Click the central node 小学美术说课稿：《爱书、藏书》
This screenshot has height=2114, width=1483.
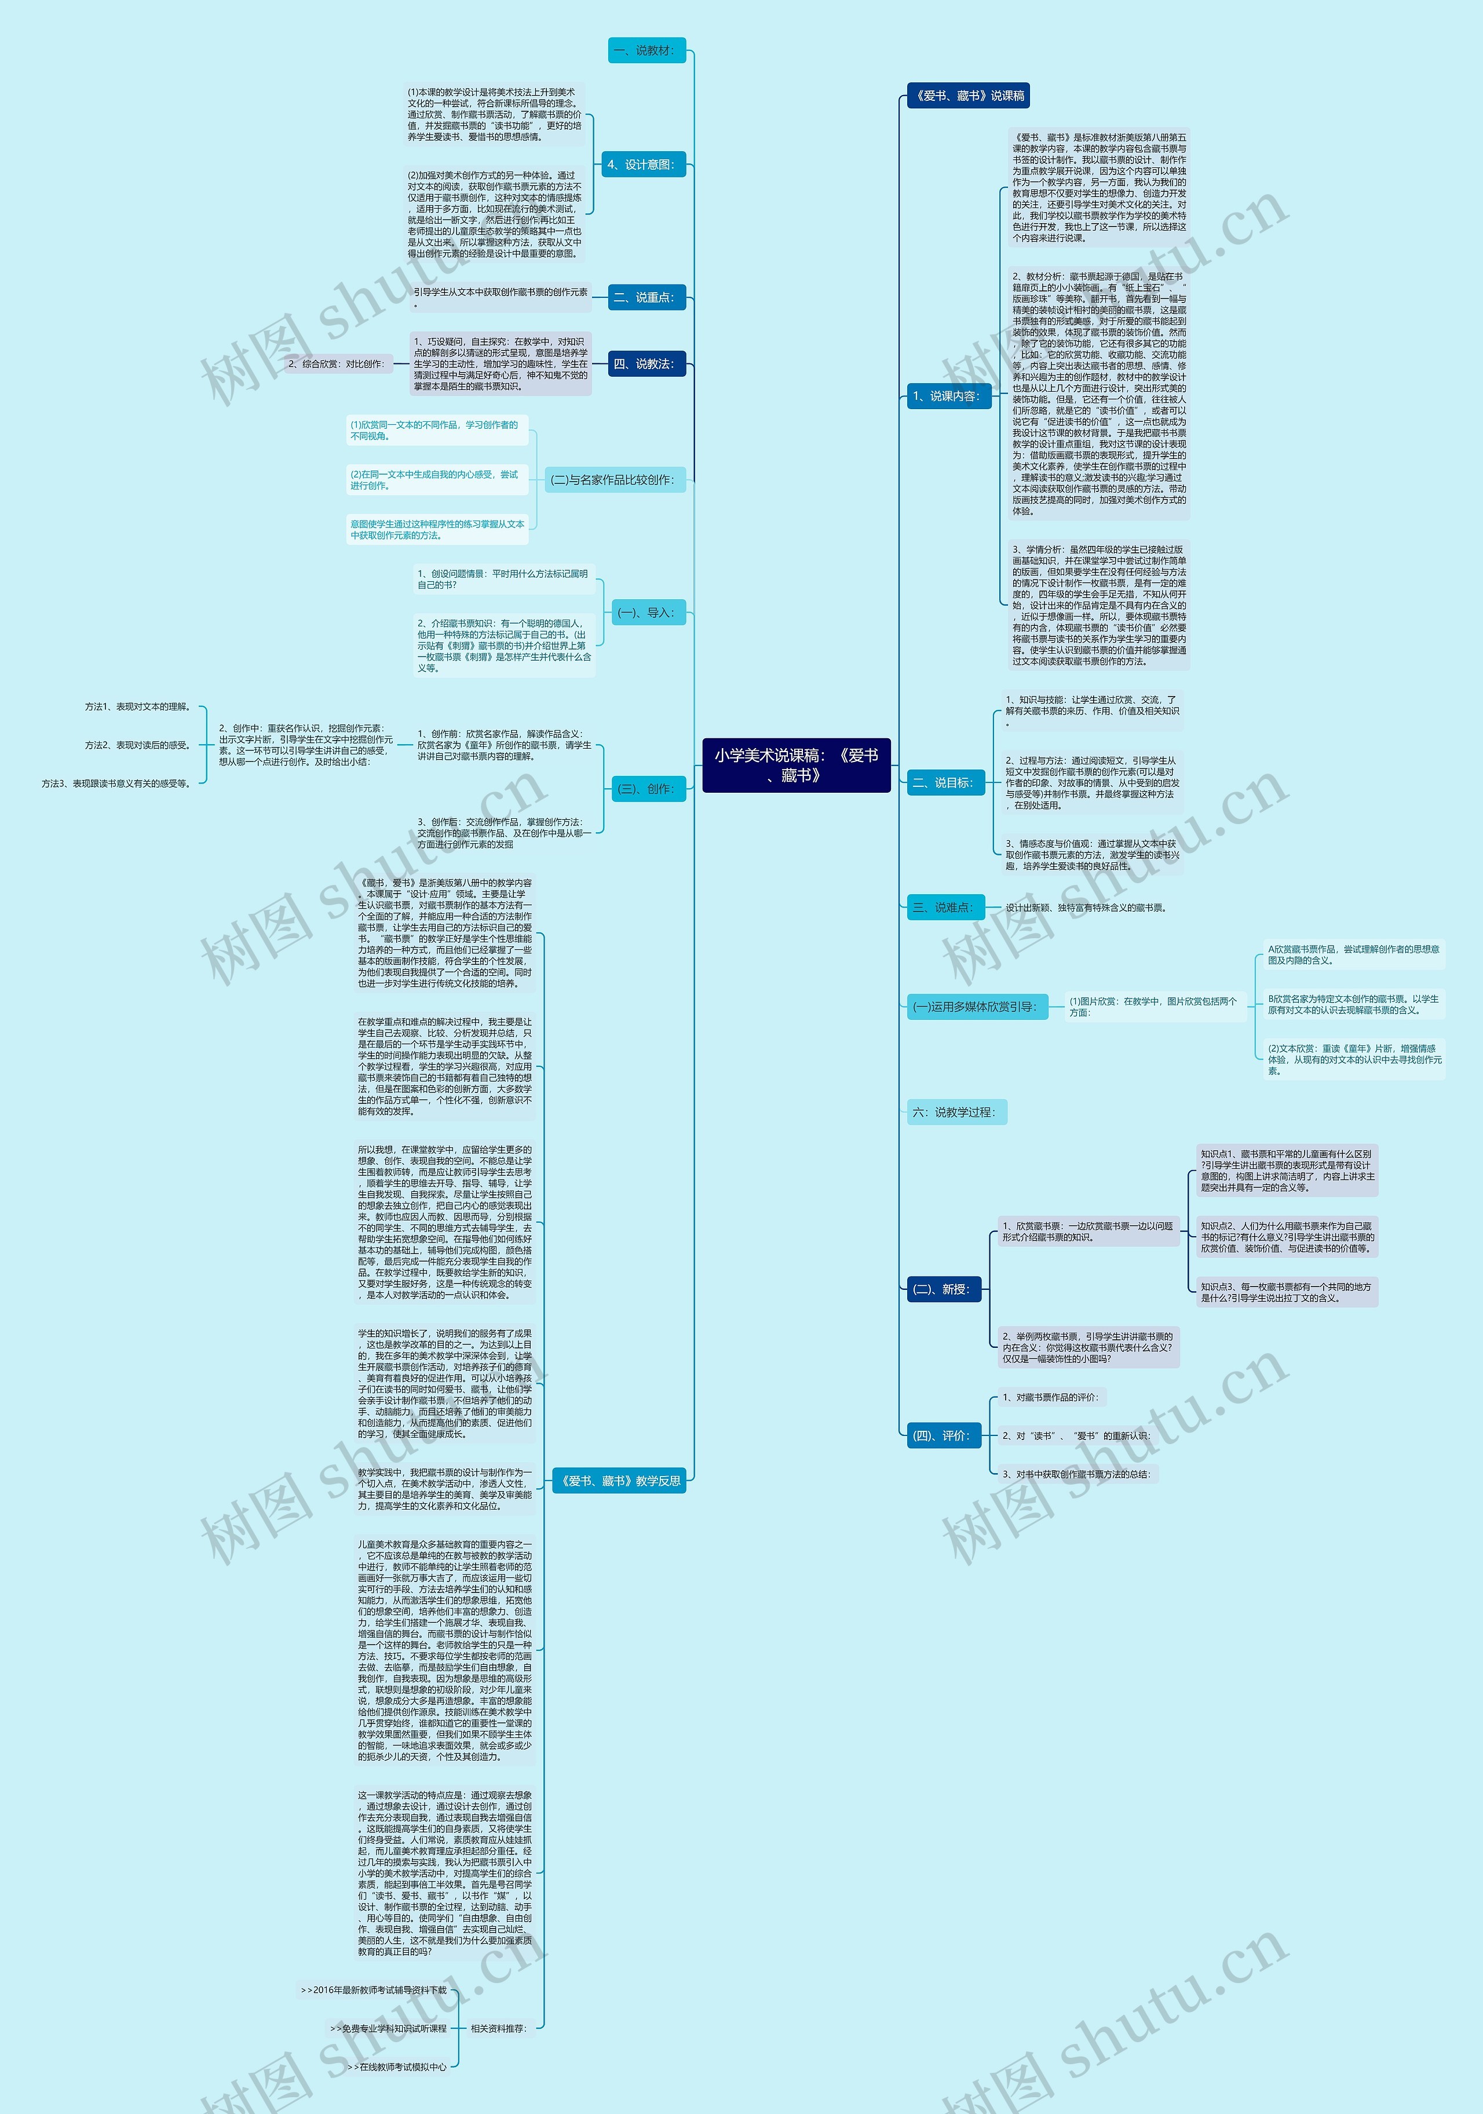pyautogui.click(x=797, y=764)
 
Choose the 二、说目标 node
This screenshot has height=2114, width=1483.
pyautogui.click(x=943, y=783)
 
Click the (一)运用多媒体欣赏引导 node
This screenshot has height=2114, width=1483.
pyautogui.click(x=974, y=1007)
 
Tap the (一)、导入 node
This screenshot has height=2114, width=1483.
pyautogui.click(x=647, y=613)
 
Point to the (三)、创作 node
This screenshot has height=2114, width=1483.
pyautogui.click(x=647, y=789)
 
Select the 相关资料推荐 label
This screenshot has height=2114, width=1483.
pyautogui.click(x=498, y=2028)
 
